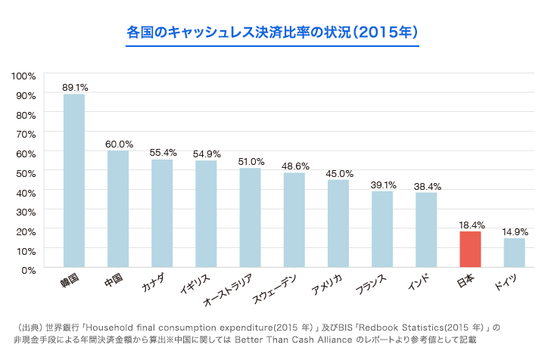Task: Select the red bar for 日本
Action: [470, 249]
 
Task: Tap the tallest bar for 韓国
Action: [73, 181]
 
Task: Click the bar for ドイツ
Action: [515, 253]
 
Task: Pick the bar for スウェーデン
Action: [294, 220]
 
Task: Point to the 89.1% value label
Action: [75, 87]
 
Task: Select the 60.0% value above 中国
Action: [119, 144]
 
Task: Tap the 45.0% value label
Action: [339, 173]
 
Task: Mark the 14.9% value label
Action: [515, 231]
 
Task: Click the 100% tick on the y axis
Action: [23, 76]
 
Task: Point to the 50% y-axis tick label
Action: [26, 172]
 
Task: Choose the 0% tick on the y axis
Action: [28, 269]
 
